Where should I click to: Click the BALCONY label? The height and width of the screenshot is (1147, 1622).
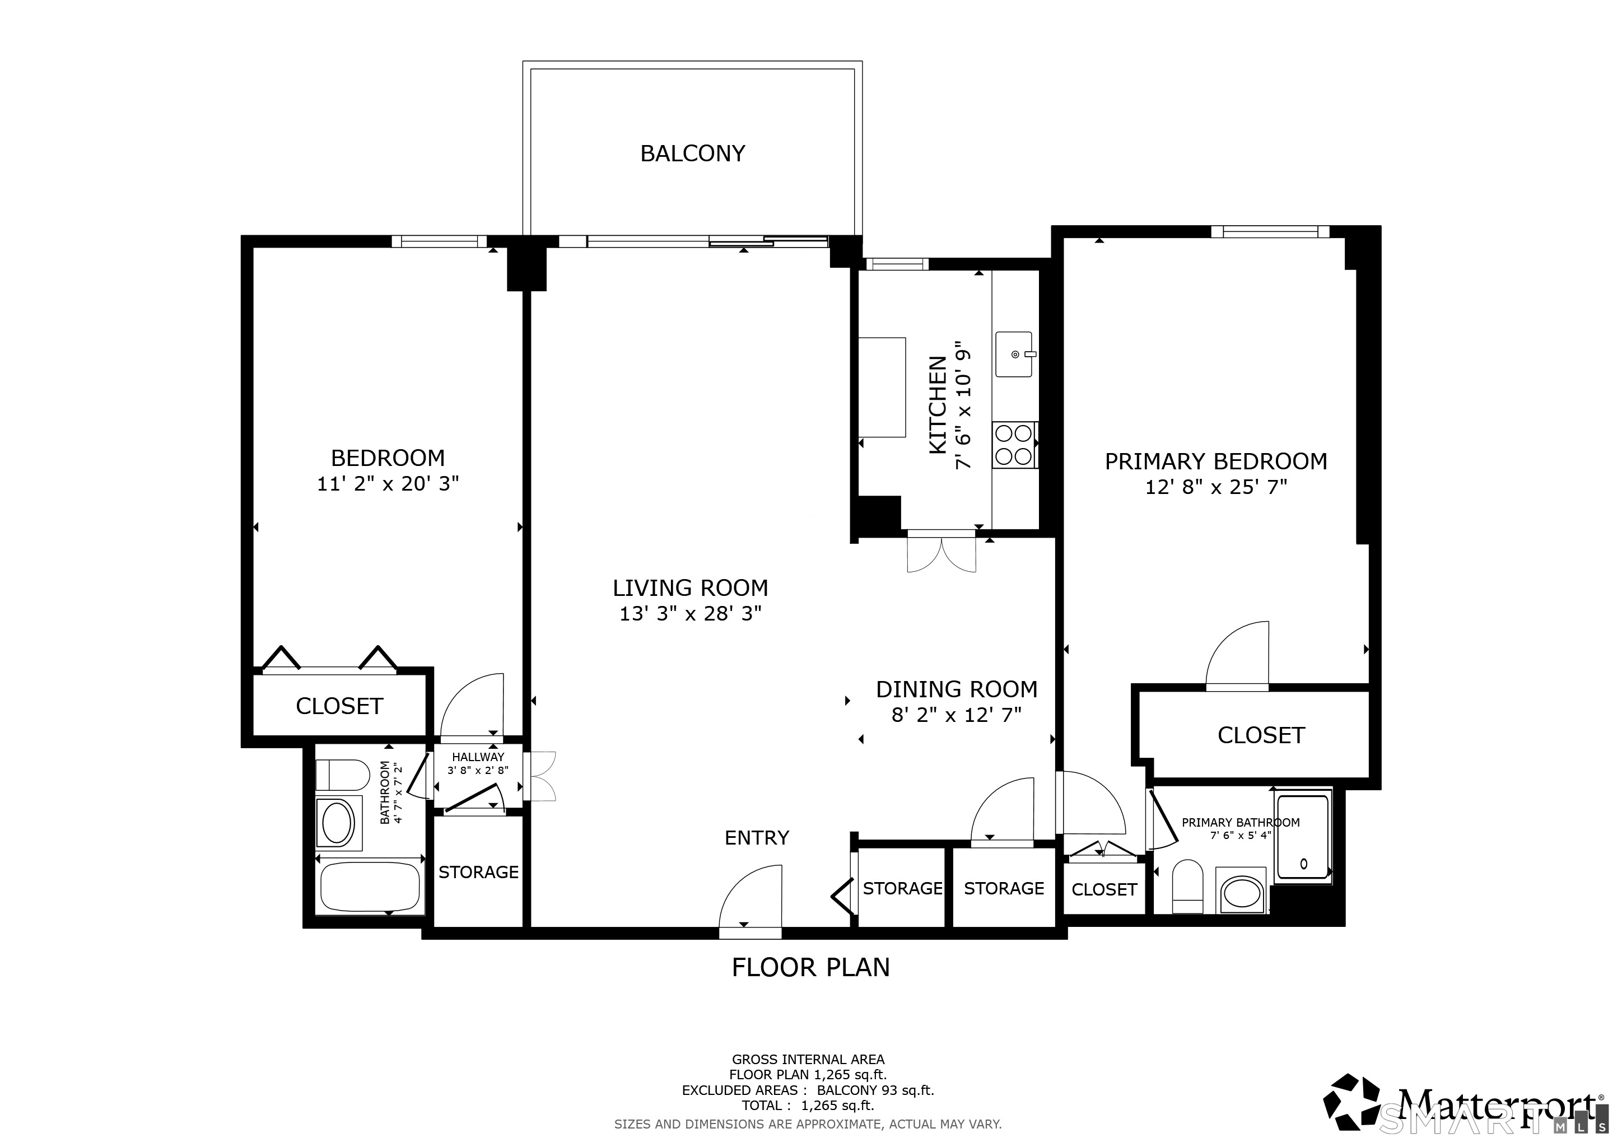pos(692,153)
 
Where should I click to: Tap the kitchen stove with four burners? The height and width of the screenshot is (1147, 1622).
pos(1014,444)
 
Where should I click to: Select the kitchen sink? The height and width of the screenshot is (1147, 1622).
pos(1014,354)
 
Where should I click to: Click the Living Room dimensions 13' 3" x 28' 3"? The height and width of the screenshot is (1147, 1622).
pos(690,614)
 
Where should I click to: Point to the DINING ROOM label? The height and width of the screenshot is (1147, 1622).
pos(957,689)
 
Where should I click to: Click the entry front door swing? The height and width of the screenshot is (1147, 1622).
pos(751,897)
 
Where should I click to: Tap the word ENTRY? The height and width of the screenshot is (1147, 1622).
pos(757,838)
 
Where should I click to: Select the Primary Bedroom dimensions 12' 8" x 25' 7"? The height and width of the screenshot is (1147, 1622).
pos(1216,487)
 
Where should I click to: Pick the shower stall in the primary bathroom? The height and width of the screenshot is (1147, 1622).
pos(1303,837)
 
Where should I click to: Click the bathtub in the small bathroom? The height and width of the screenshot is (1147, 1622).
pos(370,887)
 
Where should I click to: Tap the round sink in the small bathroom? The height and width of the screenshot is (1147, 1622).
pos(338,823)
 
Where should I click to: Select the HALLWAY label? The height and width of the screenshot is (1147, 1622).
pos(478,757)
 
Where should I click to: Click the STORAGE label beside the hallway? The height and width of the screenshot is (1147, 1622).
pos(478,872)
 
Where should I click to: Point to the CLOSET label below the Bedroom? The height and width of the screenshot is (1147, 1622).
pos(339,706)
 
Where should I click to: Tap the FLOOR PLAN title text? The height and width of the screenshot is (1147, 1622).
pos(810,967)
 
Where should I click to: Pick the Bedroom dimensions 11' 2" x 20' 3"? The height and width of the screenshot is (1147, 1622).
pos(388,484)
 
